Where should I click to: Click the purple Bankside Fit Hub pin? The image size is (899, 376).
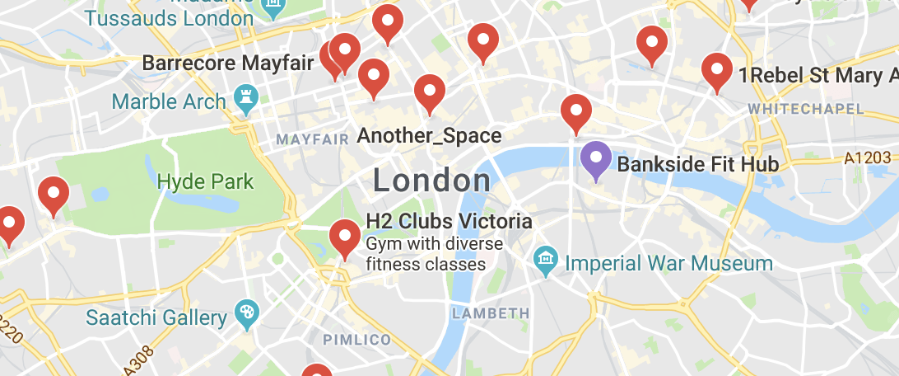(x=595, y=159)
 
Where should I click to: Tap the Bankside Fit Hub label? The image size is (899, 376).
(x=697, y=164)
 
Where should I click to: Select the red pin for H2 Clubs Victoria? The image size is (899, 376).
(x=345, y=237)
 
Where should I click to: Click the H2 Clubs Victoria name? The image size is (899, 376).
(x=449, y=222)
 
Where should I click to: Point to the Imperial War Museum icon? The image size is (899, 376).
(x=544, y=263)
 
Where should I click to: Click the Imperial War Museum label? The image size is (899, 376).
(x=669, y=264)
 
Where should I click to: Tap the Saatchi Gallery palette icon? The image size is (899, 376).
(x=246, y=315)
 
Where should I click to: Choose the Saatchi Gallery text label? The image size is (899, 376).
(x=156, y=317)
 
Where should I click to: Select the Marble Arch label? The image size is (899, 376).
(x=169, y=101)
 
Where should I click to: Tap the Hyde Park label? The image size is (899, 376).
(x=205, y=181)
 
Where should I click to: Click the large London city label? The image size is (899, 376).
(x=432, y=181)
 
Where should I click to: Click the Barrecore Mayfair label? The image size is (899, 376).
(x=228, y=63)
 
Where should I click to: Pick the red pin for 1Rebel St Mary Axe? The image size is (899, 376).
(x=717, y=71)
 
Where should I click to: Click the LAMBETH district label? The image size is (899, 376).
(x=491, y=313)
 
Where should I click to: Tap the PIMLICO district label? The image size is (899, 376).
(x=356, y=340)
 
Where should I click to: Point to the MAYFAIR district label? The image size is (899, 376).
(x=313, y=139)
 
